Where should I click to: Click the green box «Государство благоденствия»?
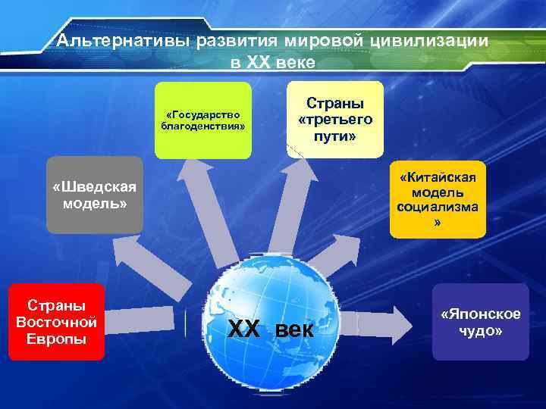[202, 120]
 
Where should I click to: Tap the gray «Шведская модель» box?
[95, 195]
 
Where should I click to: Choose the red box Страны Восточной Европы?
[56, 321]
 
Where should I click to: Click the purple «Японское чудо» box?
[481, 322]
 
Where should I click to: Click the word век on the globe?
[293, 330]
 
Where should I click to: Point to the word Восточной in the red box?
[56, 321]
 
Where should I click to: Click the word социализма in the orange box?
[438, 209]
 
